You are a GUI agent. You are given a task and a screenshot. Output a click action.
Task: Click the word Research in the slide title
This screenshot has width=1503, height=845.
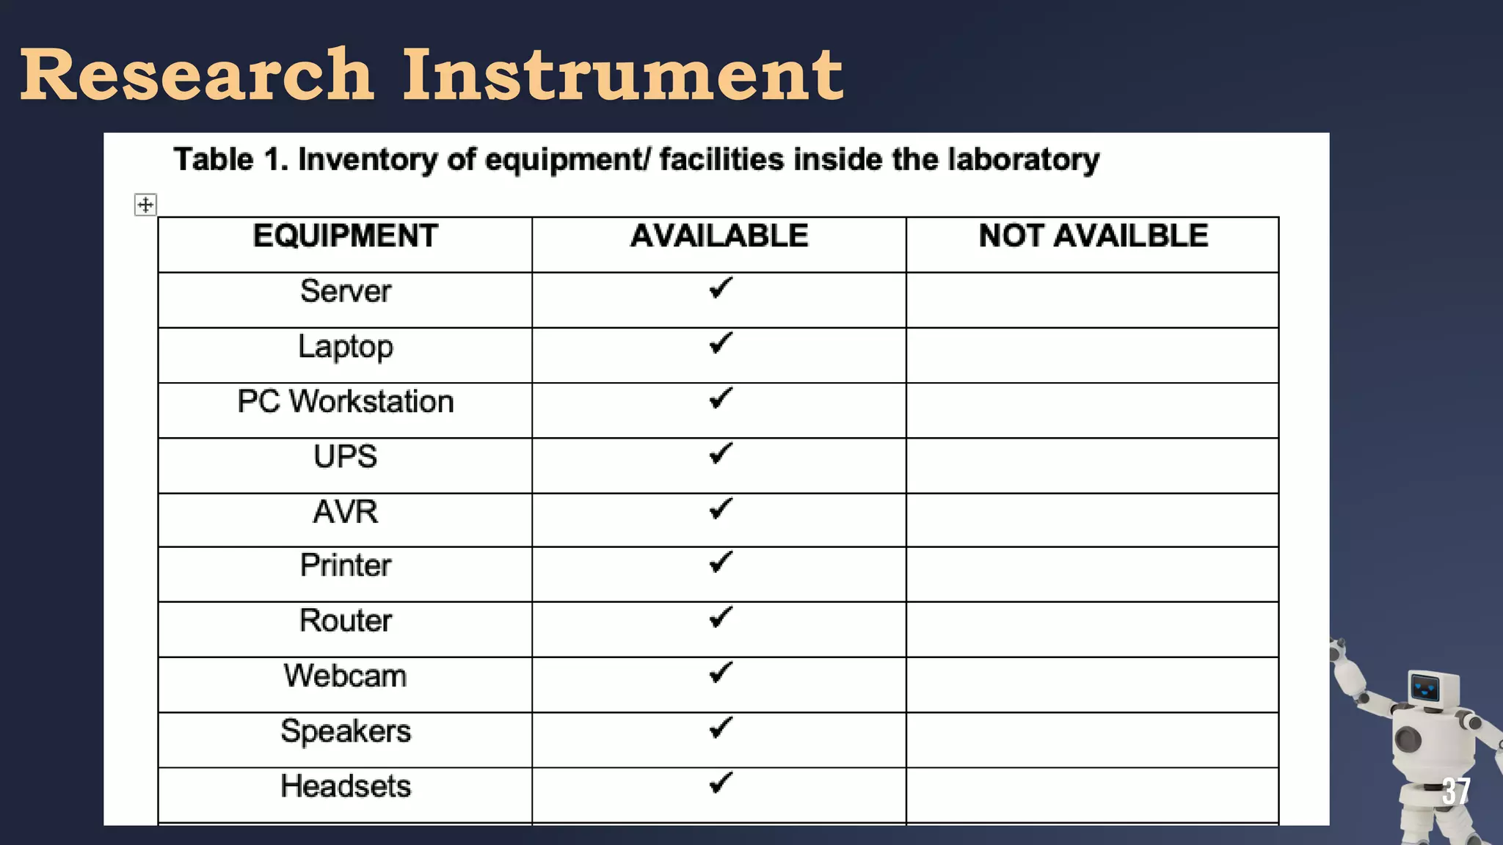click(x=197, y=75)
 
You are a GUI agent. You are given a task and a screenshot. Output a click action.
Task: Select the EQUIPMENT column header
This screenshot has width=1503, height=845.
click(x=345, y=236)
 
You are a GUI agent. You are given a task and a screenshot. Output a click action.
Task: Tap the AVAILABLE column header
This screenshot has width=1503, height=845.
click(x=719, y=236)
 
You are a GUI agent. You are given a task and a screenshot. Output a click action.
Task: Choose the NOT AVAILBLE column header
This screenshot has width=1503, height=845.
click(x=1093, y=236)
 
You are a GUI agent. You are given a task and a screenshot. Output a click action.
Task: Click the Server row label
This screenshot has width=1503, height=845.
click(x=345, y=291)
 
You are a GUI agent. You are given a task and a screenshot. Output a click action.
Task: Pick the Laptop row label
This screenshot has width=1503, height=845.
click(x=345, y=347)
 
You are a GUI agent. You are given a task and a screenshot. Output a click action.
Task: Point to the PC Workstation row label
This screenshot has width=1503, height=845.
click(x=345, y=402)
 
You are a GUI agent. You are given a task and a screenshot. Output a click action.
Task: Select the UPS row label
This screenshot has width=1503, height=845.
click(x=345, y=457)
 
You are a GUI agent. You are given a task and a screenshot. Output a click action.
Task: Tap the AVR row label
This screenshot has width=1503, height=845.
click(x=345, y=512)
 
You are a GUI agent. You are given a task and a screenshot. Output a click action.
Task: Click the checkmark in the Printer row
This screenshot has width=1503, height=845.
click(x=721, y=562)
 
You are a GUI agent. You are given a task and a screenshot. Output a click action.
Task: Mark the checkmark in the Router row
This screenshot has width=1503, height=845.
click(x=721, y=617)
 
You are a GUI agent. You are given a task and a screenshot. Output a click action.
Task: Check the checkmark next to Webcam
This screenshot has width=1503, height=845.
click(x=721, y=672)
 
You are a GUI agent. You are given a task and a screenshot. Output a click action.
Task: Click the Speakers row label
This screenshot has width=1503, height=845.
click(x=345, y=731)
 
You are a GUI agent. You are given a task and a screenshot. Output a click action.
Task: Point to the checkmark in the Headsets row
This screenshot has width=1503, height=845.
click(x=721, y=783)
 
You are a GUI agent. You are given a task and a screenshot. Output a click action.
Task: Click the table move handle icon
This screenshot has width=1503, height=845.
click(x=145, y=205)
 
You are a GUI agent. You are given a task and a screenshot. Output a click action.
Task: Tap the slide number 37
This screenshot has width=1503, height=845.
click(x=1456, y=791)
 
